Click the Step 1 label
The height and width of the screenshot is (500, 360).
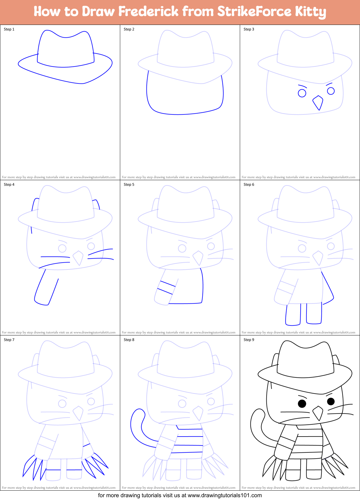click(x=9, y=29)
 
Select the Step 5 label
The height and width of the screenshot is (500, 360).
click(x=129, y=185)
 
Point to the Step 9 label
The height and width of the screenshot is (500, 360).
click(x=249, y=340)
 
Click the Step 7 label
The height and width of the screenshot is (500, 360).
click(x=9, y=340)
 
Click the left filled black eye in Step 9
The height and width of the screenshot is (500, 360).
click(x=302, y=404)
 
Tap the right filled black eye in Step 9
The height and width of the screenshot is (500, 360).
click(x=331, y=401)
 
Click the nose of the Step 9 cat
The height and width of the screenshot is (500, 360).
click(x=318, y=413)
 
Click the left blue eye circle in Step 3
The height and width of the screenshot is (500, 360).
click(x=302, y=93)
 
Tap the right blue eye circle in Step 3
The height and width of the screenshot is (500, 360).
click(x=331, y=91)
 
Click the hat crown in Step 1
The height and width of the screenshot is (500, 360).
click(x=65, y=50)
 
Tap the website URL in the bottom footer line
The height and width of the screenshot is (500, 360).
click(x=225, y=495)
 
